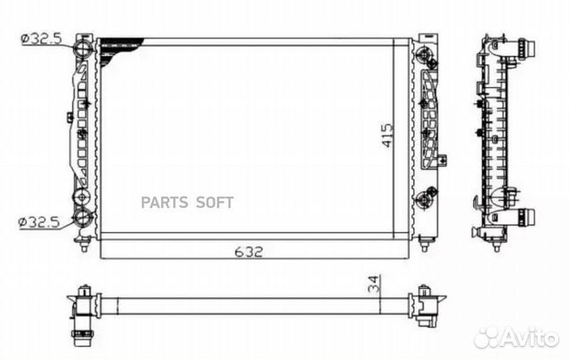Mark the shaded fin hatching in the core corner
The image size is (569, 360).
coord(119,49)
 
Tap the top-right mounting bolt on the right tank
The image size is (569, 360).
coord(427,59)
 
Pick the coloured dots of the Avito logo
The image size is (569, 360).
coord(486,337)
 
